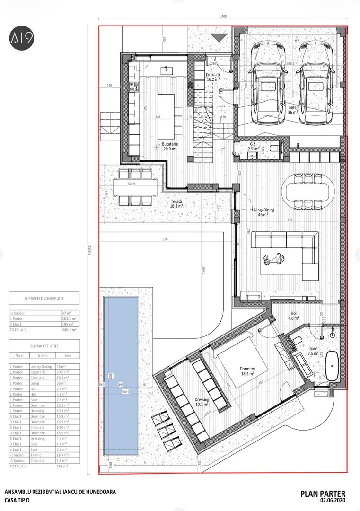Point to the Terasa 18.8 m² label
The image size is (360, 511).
click(x=176, y=203)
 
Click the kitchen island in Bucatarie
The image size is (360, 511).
click(x=166, y=116)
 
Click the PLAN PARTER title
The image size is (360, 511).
click(x=323, y=494)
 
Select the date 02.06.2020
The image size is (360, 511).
click(x=333, y=501)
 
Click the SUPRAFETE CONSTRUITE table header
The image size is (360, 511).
click(x=44, y=298)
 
